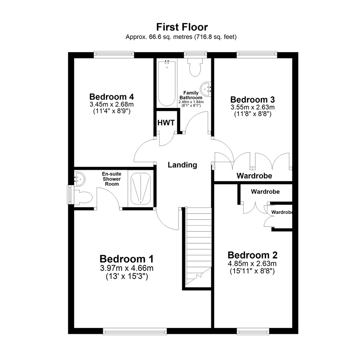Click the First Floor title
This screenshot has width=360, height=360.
coord(182,27)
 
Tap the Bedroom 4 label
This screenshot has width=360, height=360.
coord(112,97)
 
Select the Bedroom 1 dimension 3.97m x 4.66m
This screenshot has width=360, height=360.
coord(127,268)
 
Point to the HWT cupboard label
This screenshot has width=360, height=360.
coord(166,123)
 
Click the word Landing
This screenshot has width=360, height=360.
coord(182,165)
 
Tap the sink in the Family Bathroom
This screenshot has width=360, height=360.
coord(206,89)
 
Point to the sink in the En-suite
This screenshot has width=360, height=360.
coord(80,179)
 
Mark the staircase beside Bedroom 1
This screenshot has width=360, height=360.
coord(198,247)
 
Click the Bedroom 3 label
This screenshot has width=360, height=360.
coord(252,99)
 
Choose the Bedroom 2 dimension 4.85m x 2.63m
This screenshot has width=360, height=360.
coord(252,264)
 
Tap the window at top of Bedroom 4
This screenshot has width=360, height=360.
coord(114,53)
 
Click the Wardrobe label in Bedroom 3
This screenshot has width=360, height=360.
coord(254,175)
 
